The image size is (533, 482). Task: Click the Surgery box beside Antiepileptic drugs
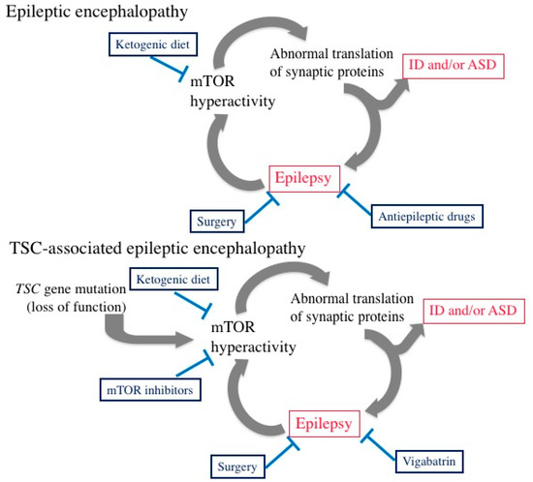pyautogui.click(x=217, y=222)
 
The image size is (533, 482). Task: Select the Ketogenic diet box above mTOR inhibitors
pyautogui.click(x=171, y=280)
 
